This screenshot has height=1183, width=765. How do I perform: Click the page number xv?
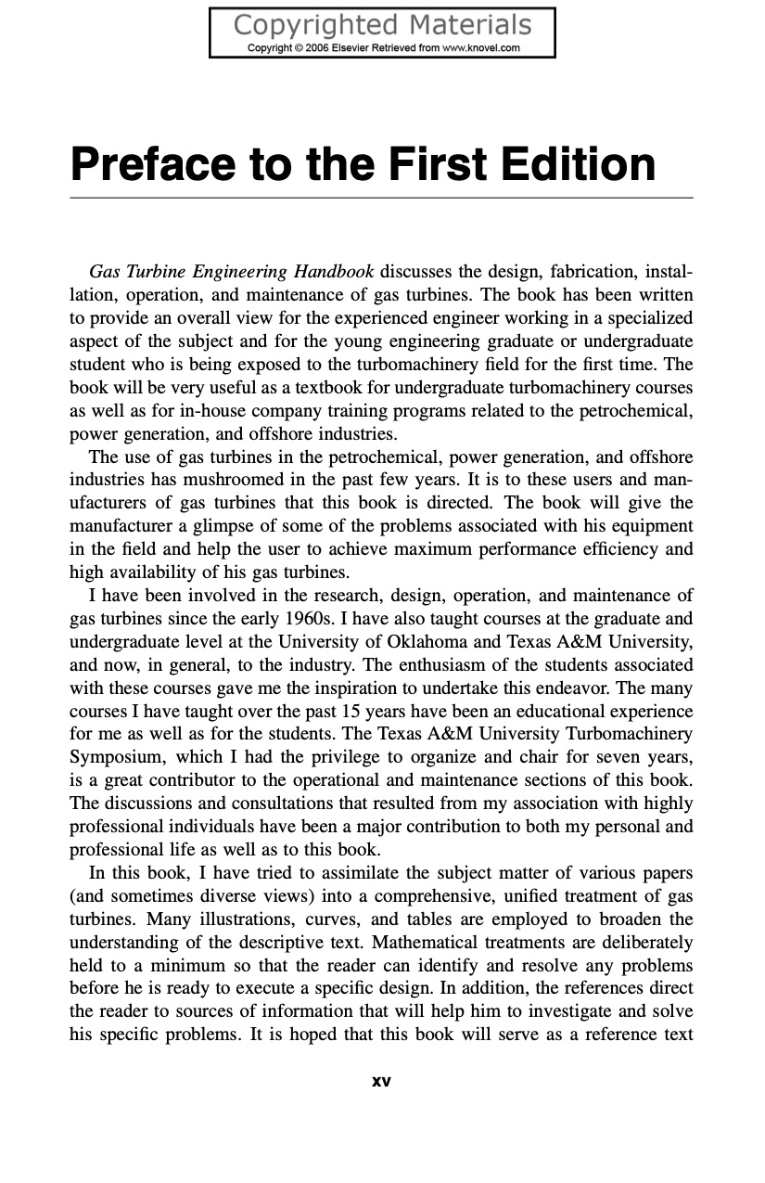click(x=381, y=1081)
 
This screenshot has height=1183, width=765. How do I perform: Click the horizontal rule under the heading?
click(x=381, y=198)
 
